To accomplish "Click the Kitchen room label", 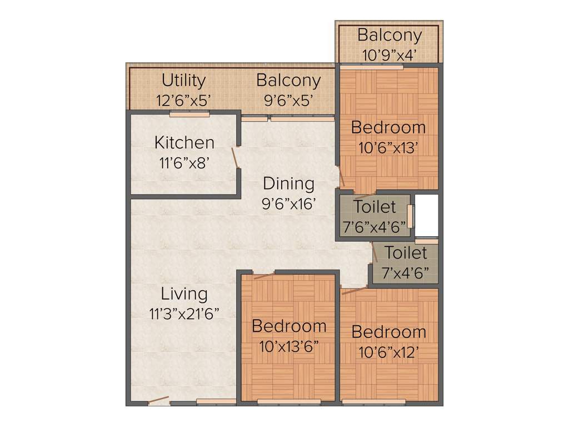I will click(x=184, y=142).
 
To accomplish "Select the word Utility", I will click(x=183, y=81).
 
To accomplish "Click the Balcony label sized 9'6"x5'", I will click(x=288, y=81).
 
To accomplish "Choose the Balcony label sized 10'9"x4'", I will click(x=389, y=35).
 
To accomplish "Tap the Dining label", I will click(x=288, y=183).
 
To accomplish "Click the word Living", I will click(x=184, y=294).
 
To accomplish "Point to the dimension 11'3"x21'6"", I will click(x=184, y=314).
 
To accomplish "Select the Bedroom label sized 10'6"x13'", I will click(x=388, y=127).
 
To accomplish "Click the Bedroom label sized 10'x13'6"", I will click(x=288, y=326).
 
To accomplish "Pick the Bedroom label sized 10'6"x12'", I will click(x=388, y=332).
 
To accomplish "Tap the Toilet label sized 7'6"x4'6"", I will click(x=375, y=207).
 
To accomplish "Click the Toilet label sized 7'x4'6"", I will click(x=406, y=253).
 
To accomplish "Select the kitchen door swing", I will click(x=236, y=157).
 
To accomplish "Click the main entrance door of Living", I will click(x=159, y=400).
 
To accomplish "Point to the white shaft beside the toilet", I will click(x=427, y=215).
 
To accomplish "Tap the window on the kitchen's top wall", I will click(x=189, y=114).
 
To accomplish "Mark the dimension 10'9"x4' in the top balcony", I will click(x=389, y=55).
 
